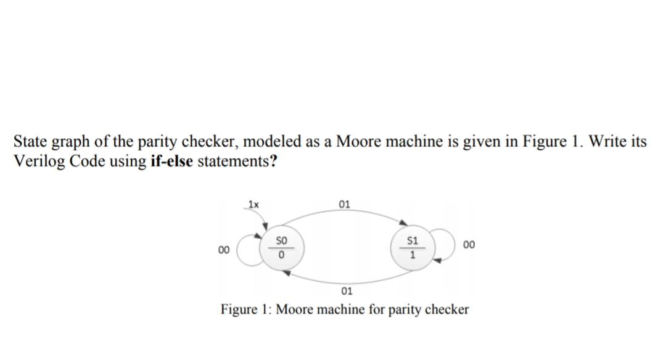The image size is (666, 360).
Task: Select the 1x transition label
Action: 253,203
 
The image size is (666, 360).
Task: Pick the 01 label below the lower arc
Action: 346,290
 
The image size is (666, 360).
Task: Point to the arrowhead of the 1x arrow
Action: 266,227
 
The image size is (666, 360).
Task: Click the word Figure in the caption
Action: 240,309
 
